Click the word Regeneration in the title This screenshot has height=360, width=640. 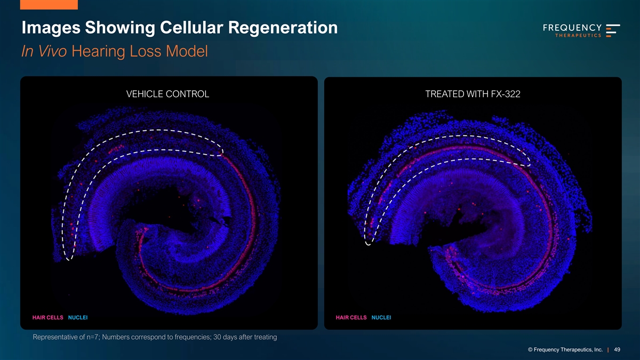pos(283,28)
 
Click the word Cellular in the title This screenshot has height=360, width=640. pos(191,27)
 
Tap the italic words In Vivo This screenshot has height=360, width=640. pos(44,51)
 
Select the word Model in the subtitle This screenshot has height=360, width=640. pos(187,51)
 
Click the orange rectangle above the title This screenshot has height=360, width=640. pos(49,5)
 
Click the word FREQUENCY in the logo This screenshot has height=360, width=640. pos(572,28)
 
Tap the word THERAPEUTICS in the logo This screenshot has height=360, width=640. pos(578,35)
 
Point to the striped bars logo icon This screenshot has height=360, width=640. pos(613,30)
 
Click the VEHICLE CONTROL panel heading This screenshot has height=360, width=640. pos(167,94)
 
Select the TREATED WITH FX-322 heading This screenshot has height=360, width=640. pos(473,94)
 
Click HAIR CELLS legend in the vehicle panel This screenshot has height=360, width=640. pos(47,317)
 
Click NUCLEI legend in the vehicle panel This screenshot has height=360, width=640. pos(78,317)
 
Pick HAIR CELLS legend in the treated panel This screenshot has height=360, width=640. pos(351,317)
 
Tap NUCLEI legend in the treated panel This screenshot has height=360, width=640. pos(381,317)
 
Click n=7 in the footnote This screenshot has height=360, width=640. pos(93,337)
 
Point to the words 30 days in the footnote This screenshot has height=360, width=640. pos(225,337)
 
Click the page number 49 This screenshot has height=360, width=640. pos(617,349)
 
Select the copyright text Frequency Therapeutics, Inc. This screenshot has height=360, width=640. pos(568,350)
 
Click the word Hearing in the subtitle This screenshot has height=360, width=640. pos(98,52)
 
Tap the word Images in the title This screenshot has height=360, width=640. pos(51,28)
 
